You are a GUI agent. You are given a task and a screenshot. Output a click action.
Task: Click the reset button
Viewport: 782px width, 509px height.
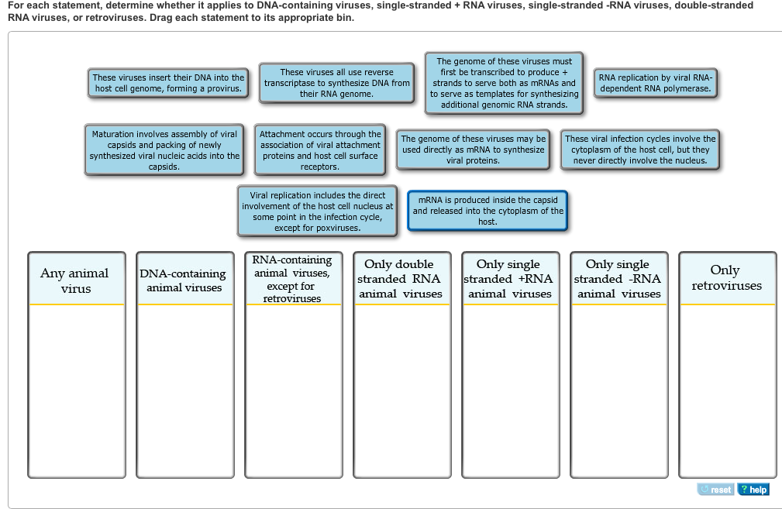pos(715,490)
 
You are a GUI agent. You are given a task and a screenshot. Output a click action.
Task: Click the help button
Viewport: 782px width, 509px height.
pos(753,490)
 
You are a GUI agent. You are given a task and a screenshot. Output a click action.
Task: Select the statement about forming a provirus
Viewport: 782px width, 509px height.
pos(168,83)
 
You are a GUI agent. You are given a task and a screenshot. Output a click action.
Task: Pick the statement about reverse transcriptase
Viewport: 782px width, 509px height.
pos(336,83)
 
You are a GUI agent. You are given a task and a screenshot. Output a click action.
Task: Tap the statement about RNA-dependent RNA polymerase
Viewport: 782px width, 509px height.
pos(656,83)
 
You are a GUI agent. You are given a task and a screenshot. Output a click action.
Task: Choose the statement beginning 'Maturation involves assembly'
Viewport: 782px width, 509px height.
pos(164,150)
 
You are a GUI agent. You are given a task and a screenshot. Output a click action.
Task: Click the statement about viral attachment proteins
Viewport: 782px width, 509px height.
pos(319,150)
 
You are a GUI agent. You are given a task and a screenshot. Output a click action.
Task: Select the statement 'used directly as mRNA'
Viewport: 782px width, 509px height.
pos(473,150)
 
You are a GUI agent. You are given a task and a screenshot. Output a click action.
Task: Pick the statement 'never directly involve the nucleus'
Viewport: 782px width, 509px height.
pos(640,150)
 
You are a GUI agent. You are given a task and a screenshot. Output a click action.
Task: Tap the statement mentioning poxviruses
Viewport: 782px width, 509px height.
pos(317,212)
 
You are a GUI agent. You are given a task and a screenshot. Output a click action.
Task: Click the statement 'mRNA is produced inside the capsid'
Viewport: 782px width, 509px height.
pos(487,211)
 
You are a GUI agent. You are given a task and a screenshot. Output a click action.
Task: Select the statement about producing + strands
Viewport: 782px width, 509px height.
pos(504,83)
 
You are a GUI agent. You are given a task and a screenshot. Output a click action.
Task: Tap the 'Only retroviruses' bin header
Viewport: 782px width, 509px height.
pos(727,278)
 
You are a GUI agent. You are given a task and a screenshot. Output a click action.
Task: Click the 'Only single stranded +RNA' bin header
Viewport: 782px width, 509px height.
pos(510,279)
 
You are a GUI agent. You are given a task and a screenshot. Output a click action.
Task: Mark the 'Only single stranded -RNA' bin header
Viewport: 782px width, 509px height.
pos(619,279)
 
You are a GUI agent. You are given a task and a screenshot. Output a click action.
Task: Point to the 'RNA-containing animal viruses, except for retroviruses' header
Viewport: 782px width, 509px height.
pos(293,279)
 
